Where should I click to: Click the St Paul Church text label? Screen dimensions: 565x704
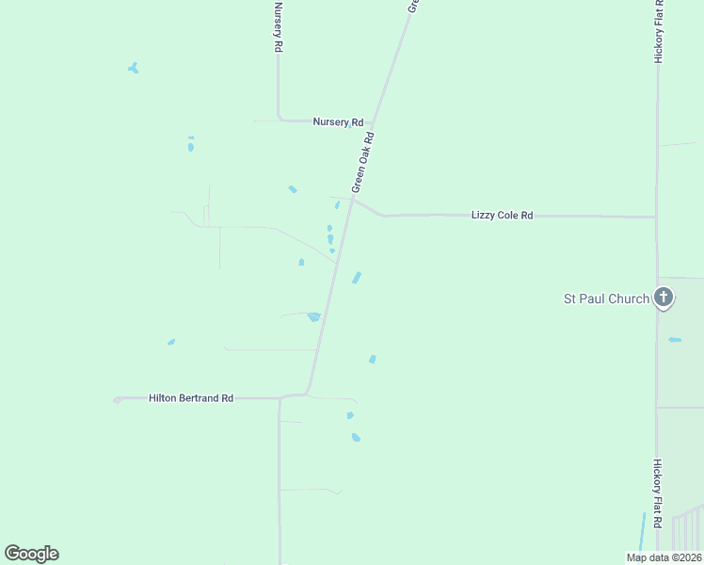tap(605, 299)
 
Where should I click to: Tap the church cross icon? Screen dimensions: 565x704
tap(664, 299)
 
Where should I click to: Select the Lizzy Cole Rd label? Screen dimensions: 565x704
tap(502, 216)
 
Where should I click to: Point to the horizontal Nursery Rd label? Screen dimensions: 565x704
tap(338, 122)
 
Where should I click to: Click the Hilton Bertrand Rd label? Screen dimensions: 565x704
tap(191, 398)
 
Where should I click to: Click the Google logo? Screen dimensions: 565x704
tap(31, 554)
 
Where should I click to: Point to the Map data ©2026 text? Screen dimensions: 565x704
tap(663, 557)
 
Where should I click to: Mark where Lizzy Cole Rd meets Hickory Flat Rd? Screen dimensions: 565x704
tap(656, 218)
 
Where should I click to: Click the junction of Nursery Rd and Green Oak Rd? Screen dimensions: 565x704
tap(373, 122)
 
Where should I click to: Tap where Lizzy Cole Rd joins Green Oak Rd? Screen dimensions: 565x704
tap(352, 199)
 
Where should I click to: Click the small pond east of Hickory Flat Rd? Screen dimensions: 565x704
tap(674, 339)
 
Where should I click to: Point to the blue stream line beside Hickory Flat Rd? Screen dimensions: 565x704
tap(642, 532)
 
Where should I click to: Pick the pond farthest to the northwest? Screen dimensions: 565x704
tap(134, 68)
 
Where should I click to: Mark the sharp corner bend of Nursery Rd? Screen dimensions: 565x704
tap(280, 120)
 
